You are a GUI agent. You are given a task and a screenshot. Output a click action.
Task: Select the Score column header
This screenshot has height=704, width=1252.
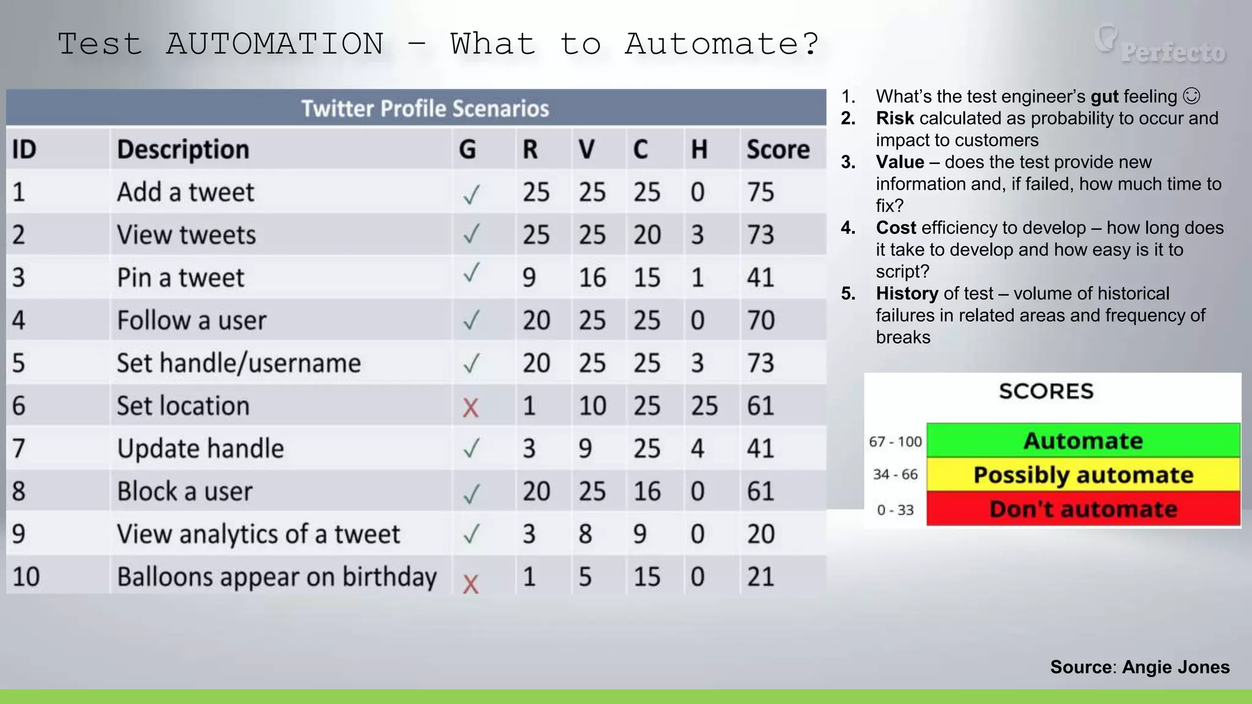tap(778, 150)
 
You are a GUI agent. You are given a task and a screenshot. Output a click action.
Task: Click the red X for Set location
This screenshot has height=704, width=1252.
tap(470, 407)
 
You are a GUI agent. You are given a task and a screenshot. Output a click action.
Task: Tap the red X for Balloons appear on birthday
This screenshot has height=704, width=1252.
tap(470, 584)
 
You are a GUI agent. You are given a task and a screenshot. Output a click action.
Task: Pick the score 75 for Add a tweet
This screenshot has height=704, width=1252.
tap(760, 193)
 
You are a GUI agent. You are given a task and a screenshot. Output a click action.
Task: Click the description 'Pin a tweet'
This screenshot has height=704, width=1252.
tap(180, 278)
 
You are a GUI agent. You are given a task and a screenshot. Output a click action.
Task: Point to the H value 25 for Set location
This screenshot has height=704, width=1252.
tap(704, 406)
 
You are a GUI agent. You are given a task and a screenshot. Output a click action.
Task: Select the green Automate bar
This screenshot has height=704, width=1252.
tap(1083, 441)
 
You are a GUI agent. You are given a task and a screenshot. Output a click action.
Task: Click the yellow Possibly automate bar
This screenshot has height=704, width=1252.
tap(1083, 475)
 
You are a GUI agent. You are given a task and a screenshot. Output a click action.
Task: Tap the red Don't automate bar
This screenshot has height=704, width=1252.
tap(1083, 509)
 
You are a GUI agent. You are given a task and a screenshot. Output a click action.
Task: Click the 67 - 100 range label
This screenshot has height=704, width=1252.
tap(895, 441)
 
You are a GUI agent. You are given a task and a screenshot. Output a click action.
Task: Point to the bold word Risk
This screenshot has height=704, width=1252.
tap(894, 118)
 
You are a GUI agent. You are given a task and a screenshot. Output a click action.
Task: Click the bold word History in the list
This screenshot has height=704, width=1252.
tap(907, 293)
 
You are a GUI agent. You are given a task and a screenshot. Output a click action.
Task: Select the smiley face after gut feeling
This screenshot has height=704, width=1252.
tap(1191, 96)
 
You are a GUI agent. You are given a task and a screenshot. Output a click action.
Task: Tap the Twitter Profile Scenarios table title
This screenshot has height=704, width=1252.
tap(425, 109)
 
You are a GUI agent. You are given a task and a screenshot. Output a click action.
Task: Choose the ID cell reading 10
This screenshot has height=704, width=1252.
tap(26, 577)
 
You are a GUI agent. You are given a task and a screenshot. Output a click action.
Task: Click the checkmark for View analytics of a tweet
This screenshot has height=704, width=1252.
tap(471, 534)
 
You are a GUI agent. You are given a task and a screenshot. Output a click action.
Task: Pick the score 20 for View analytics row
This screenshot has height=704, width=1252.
tap(760, 535)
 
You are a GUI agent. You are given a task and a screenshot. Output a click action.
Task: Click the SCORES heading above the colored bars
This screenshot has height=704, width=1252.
tap(1046, 391)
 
